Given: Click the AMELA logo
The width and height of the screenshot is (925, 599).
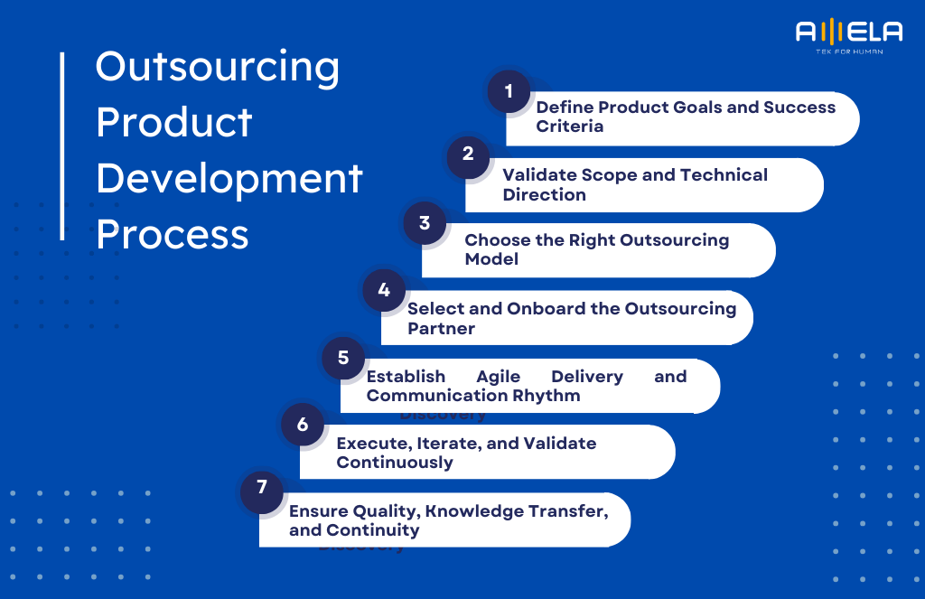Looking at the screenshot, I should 848,33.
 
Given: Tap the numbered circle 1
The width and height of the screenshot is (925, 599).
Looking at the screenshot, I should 509,91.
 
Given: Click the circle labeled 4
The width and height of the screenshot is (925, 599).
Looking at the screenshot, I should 384,291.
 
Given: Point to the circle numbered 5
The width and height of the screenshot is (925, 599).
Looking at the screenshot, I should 343,358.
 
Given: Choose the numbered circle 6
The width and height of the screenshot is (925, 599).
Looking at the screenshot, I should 303,425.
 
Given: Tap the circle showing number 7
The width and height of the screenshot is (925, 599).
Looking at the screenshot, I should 262,488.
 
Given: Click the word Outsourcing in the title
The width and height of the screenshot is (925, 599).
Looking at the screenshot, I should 218,68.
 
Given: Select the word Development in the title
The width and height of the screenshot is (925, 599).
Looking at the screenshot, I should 229,179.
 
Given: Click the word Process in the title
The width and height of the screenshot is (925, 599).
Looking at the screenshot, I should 172,234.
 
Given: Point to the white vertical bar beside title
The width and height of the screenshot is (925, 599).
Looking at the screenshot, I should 62,145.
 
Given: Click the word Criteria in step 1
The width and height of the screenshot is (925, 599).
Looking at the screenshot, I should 569,126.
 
